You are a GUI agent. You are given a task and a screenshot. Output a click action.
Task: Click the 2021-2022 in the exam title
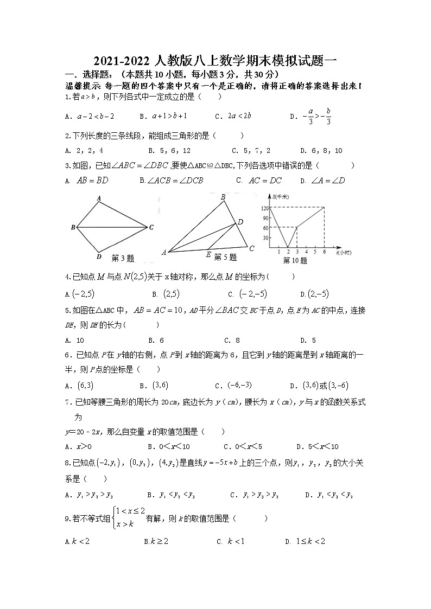(121, 61)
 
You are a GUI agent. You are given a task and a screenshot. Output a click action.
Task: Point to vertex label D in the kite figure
(98, 257)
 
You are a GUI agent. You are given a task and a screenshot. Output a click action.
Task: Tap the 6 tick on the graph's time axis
(324, 252)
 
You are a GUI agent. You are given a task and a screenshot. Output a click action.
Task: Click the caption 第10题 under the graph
(295, 260)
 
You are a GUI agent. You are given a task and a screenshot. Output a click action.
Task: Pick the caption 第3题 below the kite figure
(123, 258)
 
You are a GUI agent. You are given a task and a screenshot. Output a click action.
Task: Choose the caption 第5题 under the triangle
(225, 257)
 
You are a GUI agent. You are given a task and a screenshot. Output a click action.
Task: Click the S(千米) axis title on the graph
(281, 196)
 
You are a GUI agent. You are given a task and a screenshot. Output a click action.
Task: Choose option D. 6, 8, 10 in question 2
(321, 151)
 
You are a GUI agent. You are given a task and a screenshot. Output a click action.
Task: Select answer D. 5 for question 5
(308, 341)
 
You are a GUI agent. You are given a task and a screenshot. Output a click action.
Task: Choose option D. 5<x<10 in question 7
(318, 447)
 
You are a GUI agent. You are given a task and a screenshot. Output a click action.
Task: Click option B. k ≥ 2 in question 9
(156, 541)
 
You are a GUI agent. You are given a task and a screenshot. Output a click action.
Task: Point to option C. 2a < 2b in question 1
(233, 116)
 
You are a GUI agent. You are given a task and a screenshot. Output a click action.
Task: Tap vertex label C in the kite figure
(151, 227)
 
